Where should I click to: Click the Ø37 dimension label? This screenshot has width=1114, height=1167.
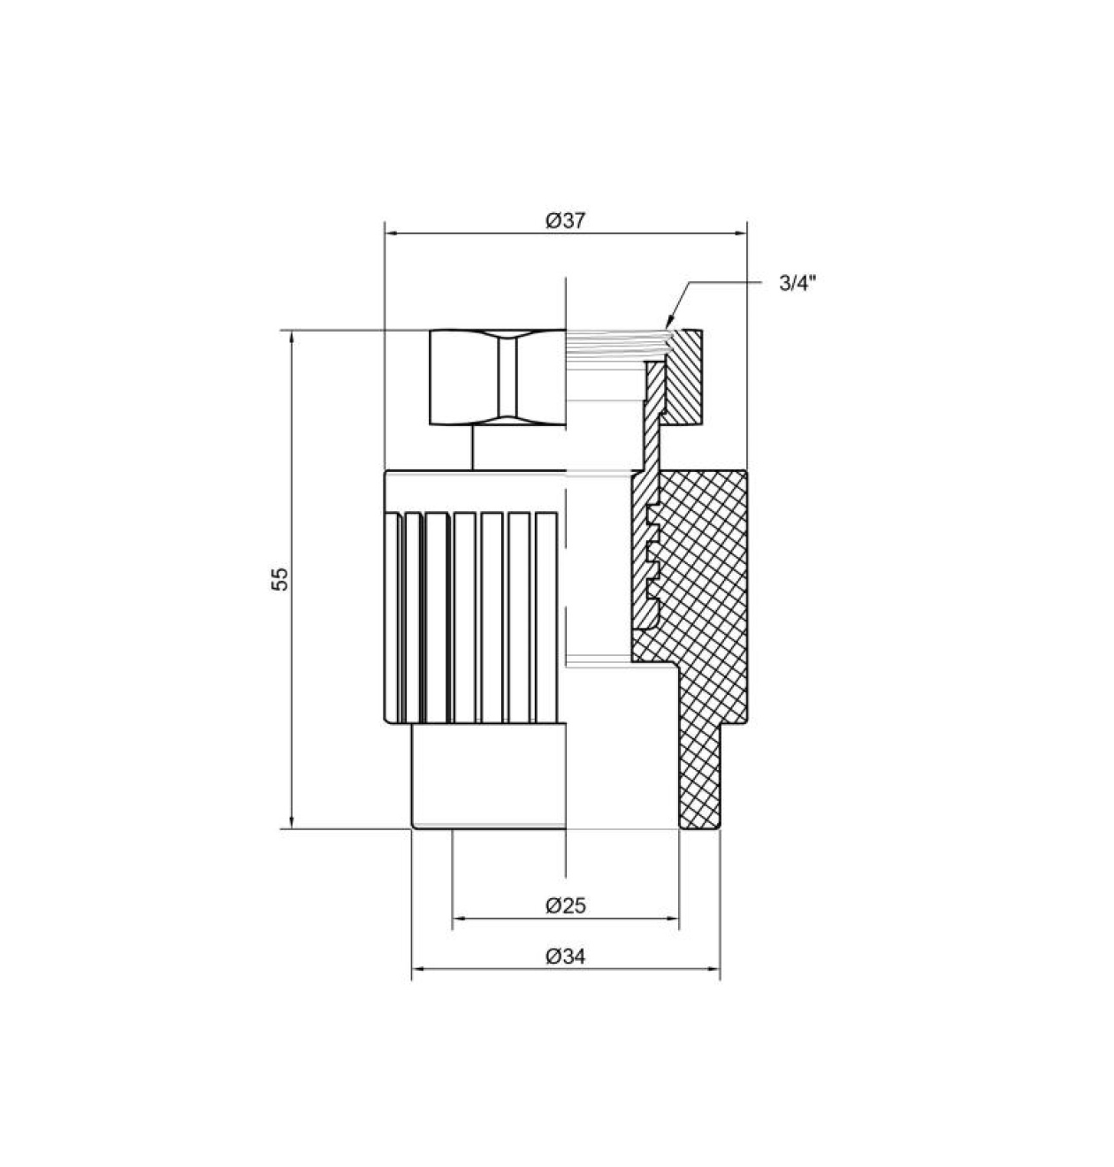(x=565, y=221)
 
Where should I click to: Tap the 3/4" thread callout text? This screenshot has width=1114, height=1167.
(x=798, y=283)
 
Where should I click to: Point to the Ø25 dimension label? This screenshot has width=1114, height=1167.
(x=565, y=906)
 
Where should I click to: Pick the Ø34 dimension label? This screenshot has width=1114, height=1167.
(x=565, y=957)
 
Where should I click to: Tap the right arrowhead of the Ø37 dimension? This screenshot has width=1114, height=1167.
(x=740, y=233)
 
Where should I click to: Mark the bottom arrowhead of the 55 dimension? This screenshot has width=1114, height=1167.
(x=291, y=821)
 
